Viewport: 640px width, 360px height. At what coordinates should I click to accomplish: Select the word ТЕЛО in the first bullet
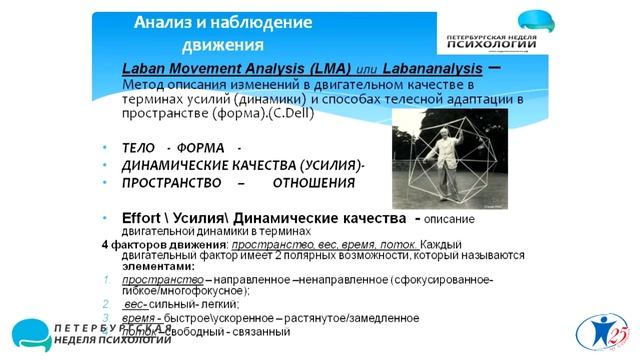click(x=141, y=147)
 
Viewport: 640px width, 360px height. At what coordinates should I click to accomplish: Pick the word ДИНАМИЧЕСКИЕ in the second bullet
click(x=176, y=165)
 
